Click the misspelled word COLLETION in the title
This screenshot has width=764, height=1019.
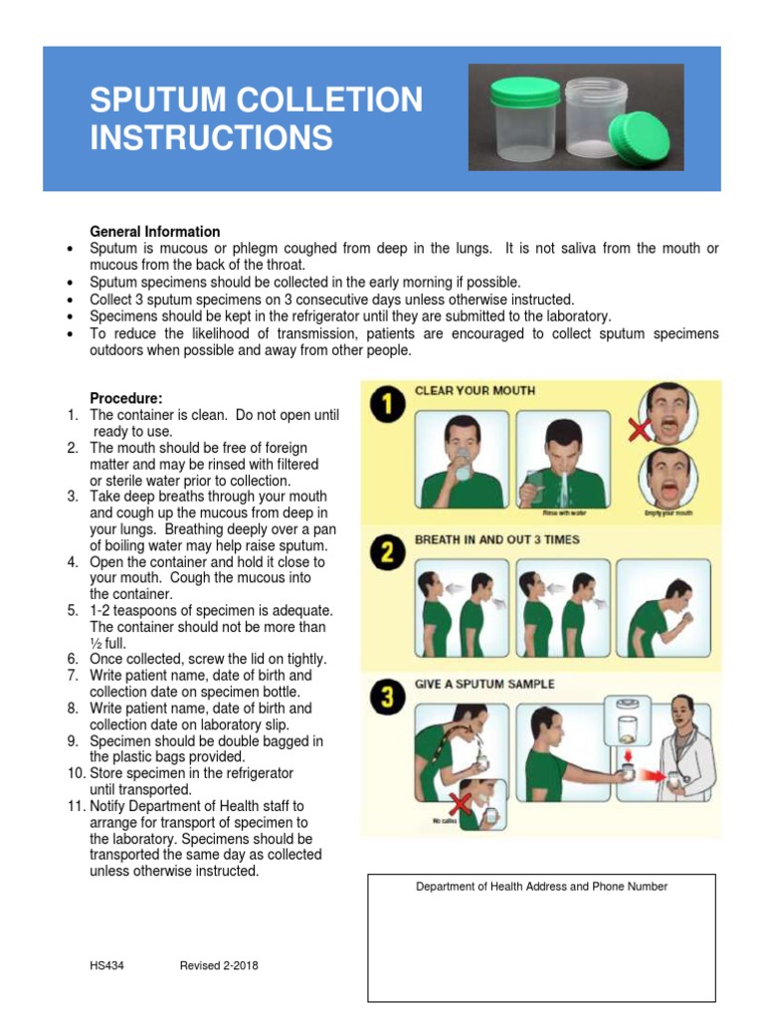(x=339, y=100)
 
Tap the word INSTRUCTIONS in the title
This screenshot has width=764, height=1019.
(x=211, y=137)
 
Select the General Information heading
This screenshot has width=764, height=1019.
(x=155, y=232)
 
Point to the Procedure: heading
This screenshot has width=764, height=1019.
(x=126, y=398)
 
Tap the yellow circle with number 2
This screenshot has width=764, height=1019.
(x=386, y=551)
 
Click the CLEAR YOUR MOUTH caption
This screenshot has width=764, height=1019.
(x=475, y=391)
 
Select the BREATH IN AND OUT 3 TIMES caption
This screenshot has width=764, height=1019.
(x=496, y=539)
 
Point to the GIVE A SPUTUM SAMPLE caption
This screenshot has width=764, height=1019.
(x=484, y=685)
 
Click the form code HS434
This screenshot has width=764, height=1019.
(x=106, y=965)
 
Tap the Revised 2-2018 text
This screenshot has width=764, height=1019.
(x=219, y=965)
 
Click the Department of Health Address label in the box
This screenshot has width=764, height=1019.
(x=541, y=887)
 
